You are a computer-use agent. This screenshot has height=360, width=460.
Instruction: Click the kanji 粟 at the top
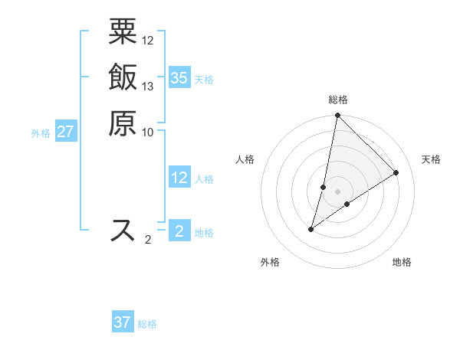pos(123,32)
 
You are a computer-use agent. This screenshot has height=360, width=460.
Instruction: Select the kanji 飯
pos(123,77)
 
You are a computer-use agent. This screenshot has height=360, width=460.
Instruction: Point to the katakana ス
pos(123,230)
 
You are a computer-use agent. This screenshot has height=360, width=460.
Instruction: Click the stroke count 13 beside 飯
pos(148,86)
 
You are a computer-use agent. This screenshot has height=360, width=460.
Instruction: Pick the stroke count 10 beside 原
pos(148,132)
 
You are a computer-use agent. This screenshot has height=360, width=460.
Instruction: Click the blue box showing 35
pos(179,78)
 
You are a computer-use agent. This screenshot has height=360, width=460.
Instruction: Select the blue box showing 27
pos(66,132)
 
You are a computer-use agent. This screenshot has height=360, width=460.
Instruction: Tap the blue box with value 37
pos(123,322)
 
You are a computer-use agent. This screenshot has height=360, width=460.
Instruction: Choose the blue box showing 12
pos(179,178)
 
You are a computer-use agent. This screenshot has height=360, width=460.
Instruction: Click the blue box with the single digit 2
pos(179,231)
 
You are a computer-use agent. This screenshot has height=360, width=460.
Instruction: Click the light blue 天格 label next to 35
pos(204,80)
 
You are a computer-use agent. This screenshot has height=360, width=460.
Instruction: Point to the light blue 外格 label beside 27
pos(41,133)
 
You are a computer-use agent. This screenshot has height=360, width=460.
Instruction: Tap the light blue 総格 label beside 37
pos(147,324)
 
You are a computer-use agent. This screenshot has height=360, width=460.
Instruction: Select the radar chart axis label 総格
pos(337,100)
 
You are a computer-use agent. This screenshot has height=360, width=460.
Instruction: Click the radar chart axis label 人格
pos(245,159)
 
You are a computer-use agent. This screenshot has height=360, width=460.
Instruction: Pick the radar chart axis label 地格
pos(402,263)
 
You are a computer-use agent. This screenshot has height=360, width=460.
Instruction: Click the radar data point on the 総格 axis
pos(337,116)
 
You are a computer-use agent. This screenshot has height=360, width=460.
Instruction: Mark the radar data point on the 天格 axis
pos(396,172)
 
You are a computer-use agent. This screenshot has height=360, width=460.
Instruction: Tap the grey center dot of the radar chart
pos(337,191)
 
